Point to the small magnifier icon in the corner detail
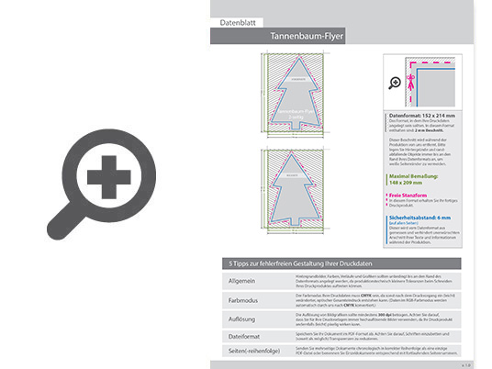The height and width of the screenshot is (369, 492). pyautogui.click(x=395, y=83)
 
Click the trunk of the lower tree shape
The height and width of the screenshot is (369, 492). pyautogui.click(x=290, y=218)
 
